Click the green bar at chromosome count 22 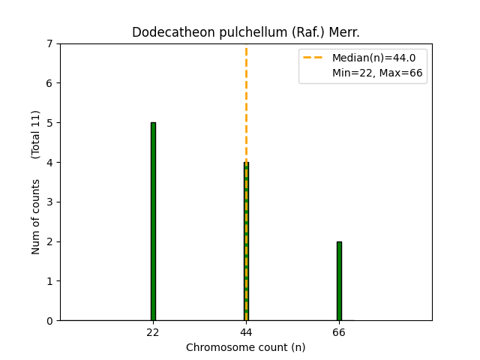[x=153, y=221]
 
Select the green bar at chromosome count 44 [x=246, y=241]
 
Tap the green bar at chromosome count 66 [x=339, y=280]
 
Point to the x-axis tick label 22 [x=153, y=332]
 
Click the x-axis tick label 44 [x=246, y=332]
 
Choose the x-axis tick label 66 [x=339, y=332]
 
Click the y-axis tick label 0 [x=50, y=321]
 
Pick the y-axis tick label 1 [x=50, y=281]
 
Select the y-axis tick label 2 [x=50, y=241]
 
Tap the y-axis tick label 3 [x=50, y=202]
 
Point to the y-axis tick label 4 [x=50, y=163]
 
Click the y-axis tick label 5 [x=50, y=123]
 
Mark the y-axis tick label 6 [x=50, y=83]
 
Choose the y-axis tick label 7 [x=50, y=43]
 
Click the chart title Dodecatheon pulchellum [x=246, y=32]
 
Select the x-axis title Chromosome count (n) [x=246, y=347]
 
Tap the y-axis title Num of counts [x=36, y=216]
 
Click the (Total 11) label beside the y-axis [x=36, y=133]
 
